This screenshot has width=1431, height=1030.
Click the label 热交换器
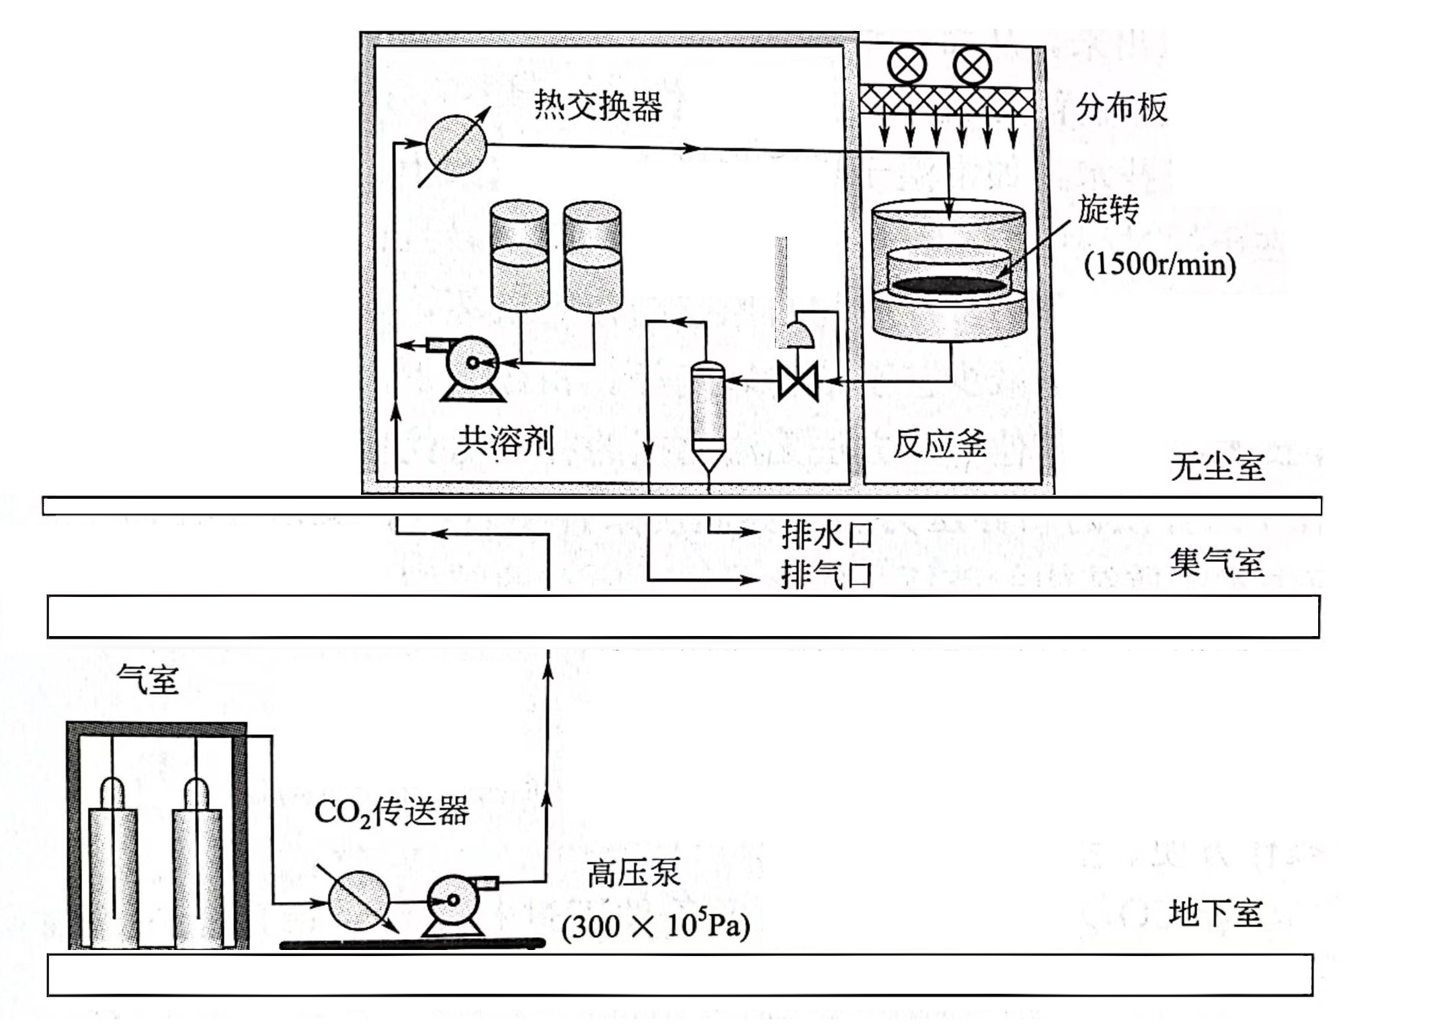pos(598,106)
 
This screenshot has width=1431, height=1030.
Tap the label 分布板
pos(1121,108)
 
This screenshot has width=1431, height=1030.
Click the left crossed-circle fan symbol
pos(907,66)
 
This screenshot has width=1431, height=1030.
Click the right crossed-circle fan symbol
pos(973,66)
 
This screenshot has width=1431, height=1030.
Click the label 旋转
pos(1108,210)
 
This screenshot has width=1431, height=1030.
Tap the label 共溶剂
pos(505,442)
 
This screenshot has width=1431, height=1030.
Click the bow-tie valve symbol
pos(797,381)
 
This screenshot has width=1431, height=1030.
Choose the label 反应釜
pos(939,443)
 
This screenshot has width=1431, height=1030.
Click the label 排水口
pos(826,535)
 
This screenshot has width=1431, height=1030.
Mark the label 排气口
pos(826,576)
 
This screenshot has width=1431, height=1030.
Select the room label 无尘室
pos(1217,466)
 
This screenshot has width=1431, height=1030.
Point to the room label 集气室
pos(1217,563)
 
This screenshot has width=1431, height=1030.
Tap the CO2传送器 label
pos(391,811)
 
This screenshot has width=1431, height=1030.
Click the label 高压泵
pos(633,873)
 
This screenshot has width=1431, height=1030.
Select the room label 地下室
pos(1215,914)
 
